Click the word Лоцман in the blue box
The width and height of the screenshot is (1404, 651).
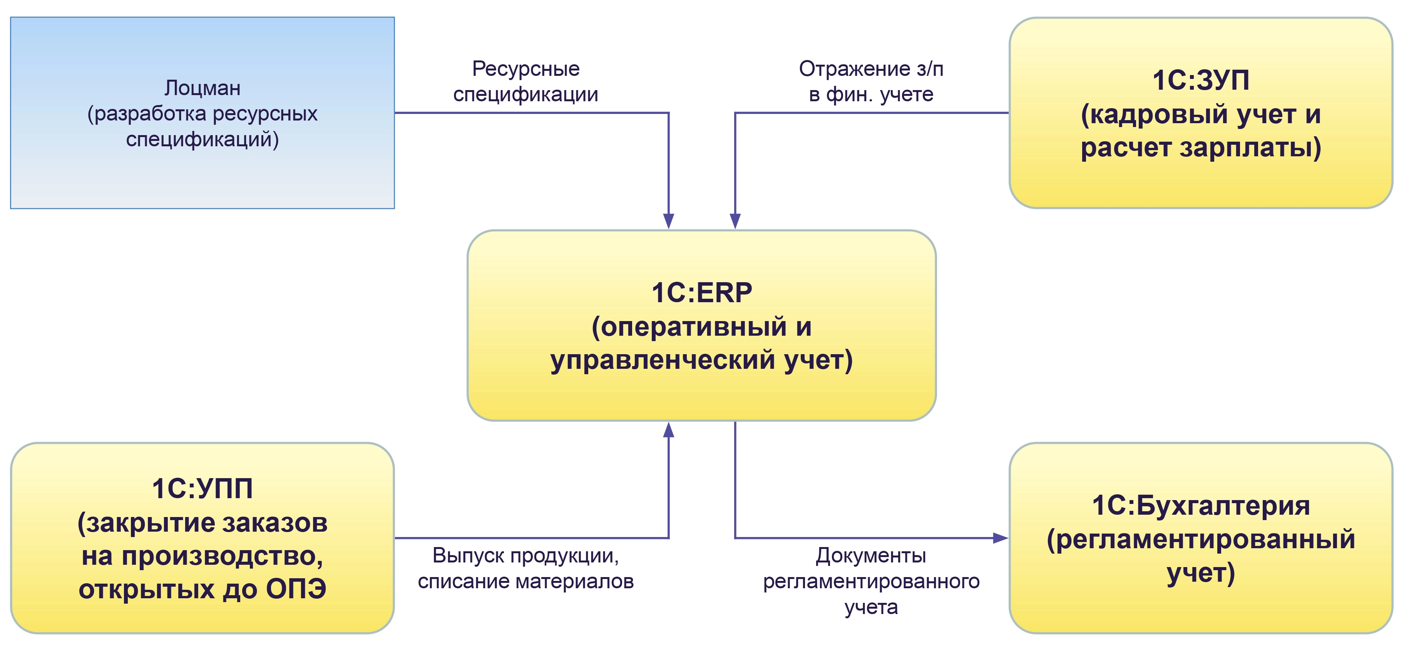(x=202, y=88)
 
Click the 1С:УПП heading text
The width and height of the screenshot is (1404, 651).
(x=202, y=489)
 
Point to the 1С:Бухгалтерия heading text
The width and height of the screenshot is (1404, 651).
(x=1201, y=505)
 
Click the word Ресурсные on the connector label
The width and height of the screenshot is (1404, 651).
(x=525, y=69)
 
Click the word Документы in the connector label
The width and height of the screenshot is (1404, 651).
(x=871, y=556)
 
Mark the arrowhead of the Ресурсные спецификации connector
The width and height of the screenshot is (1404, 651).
(x=669, y=221)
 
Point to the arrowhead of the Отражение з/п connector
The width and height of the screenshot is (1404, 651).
(x=735, y=221)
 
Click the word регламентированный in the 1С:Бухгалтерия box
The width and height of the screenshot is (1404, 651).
(x=1201, y=539)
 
